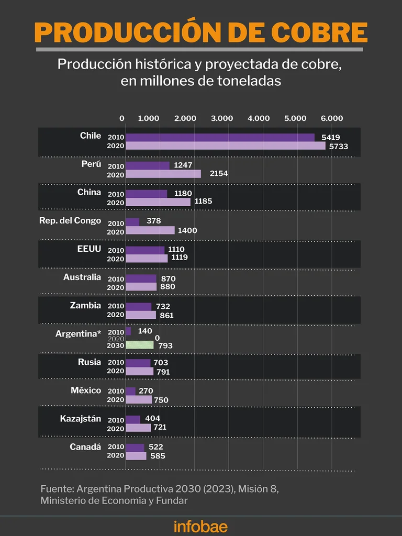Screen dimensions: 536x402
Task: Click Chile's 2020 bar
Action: point(225,146)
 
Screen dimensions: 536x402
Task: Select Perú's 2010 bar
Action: point(148,165)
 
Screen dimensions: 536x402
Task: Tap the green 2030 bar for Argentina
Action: point(140,345)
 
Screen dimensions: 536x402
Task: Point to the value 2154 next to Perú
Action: point(218,174)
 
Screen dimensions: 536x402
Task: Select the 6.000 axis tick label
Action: point(332,118)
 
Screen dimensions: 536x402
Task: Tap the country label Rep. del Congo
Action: point(70,220)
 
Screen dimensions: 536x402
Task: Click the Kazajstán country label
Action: point(80,419)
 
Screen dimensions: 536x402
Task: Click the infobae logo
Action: point(201,526)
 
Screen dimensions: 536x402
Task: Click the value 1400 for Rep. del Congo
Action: point(188,230)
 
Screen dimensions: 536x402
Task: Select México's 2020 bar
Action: point(139,400)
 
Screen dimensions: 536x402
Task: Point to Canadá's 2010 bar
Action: point(135,448)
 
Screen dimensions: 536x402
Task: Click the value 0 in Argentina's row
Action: point(157,339)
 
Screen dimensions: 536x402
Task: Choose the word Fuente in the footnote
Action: point(57,489)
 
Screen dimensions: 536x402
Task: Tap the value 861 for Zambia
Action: point(166,316)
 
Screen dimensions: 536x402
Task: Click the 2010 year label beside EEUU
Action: point(116,250)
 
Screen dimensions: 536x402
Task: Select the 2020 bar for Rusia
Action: point(139,372)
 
